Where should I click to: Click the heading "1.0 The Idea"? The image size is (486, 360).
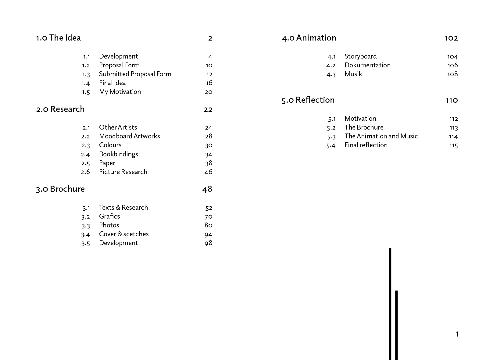58,38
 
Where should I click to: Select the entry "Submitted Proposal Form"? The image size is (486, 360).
135,74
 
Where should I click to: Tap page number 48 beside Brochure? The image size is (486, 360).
207,189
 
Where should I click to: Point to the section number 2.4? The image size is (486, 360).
85,155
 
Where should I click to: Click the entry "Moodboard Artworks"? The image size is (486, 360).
129,136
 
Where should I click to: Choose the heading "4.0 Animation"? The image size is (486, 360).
309,38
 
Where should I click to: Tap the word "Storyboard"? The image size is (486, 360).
360,56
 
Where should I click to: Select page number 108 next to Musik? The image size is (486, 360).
452,74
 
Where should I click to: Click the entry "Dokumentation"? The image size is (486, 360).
367,65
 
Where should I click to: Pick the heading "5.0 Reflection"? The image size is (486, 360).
308,100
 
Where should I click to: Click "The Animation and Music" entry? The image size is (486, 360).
381,136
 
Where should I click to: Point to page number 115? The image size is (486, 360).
453,145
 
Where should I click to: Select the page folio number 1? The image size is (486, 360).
457,334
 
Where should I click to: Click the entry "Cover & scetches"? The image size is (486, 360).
124,234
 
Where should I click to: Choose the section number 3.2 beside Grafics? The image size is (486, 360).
86,217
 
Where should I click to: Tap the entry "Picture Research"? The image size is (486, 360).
123,172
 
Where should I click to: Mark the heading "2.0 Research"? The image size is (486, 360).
60,109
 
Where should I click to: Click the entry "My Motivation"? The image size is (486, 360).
120,92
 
